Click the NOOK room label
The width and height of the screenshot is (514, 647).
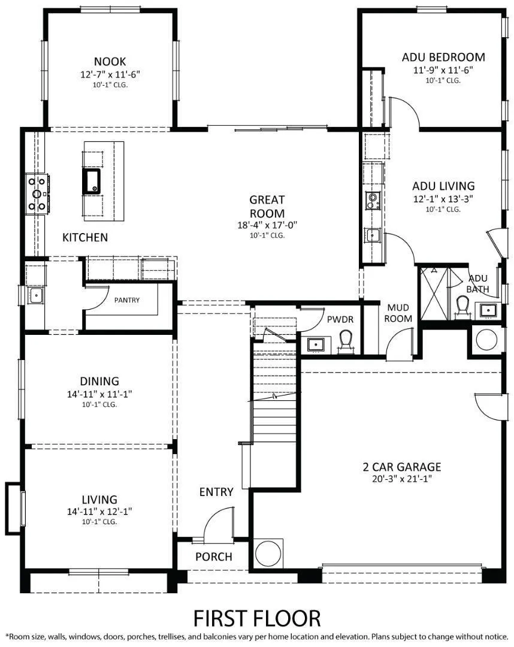[110, 61]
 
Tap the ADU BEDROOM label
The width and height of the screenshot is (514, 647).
[443, 57]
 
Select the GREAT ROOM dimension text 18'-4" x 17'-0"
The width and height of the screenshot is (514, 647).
[267, 225]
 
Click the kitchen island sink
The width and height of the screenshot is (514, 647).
[92, 180]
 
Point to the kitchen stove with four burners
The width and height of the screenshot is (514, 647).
[36, 194]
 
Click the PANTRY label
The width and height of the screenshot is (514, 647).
[126, 300]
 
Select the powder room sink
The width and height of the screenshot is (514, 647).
[315, 344]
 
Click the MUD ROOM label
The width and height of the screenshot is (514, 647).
[398, 313]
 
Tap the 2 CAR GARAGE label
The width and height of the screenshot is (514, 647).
[401, 467]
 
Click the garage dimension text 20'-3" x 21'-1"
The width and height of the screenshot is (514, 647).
[401, 479]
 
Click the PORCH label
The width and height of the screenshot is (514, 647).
[213, 557]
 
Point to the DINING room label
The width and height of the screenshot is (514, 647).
[99, 381]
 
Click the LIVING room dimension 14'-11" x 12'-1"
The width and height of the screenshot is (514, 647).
[99, 511]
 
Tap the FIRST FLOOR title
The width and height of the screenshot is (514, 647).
[256, 617]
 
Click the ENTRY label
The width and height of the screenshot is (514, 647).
[216, 492]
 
